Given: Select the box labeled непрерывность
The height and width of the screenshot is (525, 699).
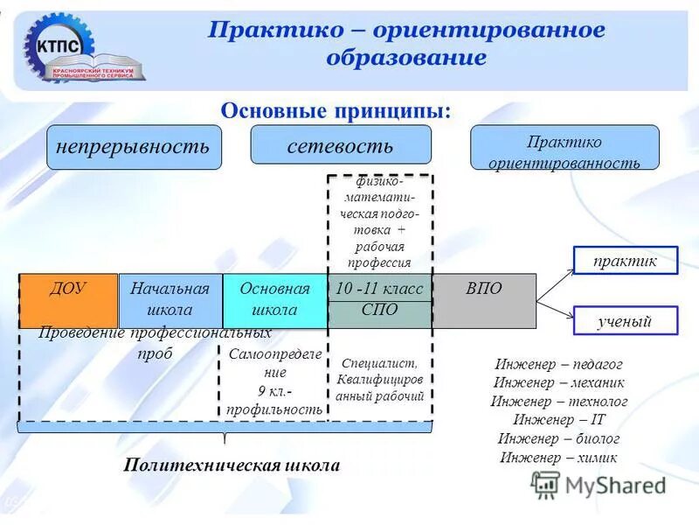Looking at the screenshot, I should (x=134, y=147).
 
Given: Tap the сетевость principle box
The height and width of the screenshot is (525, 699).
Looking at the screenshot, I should (x=341, y=144).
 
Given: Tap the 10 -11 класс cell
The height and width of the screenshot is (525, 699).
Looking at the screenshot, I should (x=379, y=288).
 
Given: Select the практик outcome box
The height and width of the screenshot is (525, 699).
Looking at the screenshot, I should (x=624, y=260).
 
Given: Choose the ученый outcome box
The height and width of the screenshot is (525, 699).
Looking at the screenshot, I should (x=624, y=321).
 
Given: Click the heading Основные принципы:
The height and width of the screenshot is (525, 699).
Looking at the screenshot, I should (x=336, y=111).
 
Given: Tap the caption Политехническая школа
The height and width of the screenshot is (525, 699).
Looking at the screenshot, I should (x=232, y=465).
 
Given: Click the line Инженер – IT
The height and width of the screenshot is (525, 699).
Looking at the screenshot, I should (x=558, y=420).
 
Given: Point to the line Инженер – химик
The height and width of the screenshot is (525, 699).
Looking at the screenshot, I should (x=558, y=457).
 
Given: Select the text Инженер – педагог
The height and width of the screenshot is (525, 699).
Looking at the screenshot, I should (x=558, y=364).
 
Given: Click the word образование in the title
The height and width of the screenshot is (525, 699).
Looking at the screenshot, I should (x=406, y=59).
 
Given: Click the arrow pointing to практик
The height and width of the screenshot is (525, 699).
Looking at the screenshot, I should (x=555, y=281).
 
